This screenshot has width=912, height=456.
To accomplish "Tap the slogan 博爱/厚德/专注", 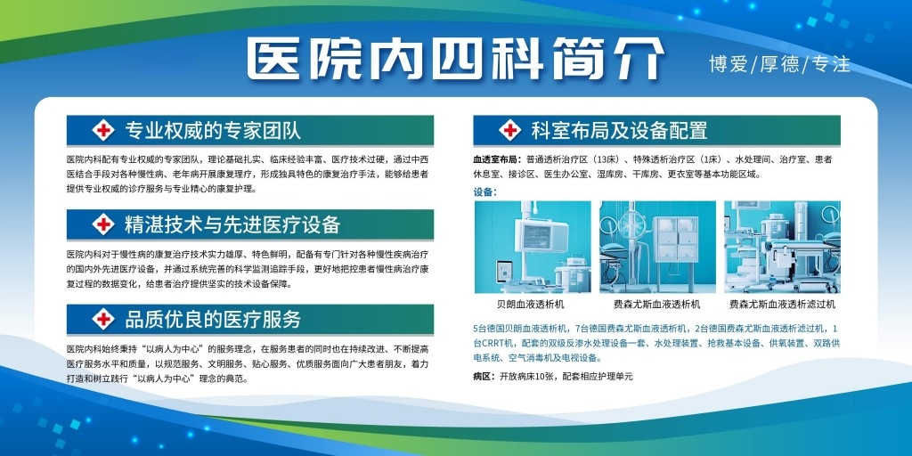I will click(x=779, y=64).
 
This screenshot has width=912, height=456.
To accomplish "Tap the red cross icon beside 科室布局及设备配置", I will click(x=510, y=130).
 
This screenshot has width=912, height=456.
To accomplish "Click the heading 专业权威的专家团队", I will click(x=213, y=130).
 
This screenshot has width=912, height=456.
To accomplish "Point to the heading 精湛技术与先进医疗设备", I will click(x=232, y=224).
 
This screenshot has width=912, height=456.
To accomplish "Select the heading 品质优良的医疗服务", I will click(x=213, y=319).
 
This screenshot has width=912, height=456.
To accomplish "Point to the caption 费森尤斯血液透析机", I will click(x=657, y=305).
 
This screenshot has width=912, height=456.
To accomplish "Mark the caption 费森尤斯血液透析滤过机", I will click(x=782, y=305).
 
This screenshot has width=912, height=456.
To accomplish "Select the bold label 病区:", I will click(x=484, y=377).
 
